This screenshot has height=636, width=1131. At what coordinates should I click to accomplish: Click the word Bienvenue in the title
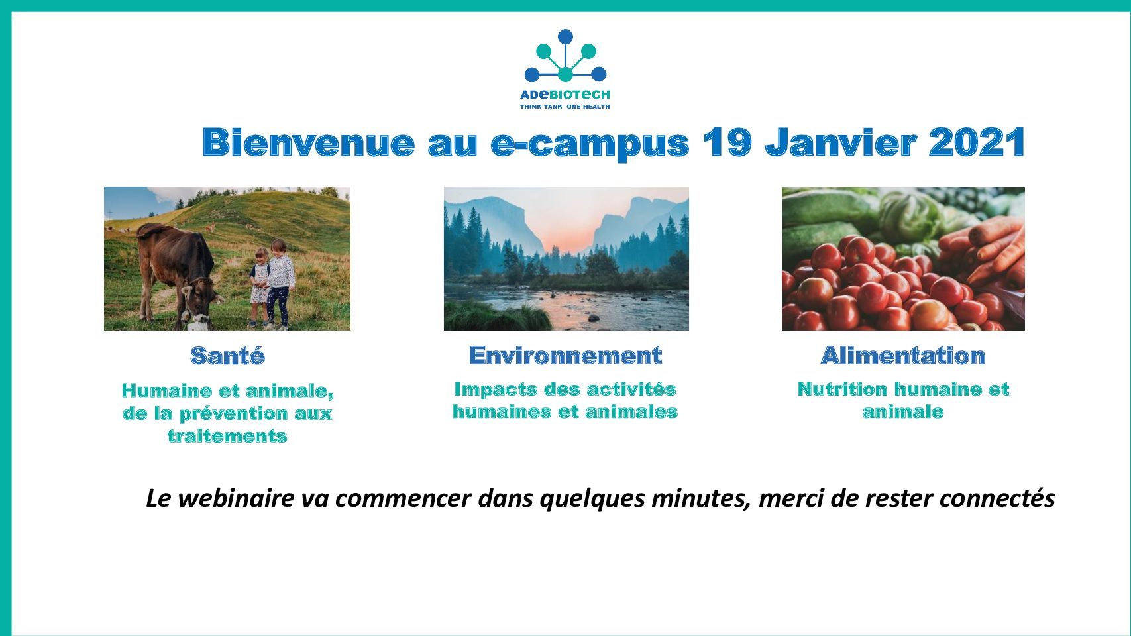coord(309,142)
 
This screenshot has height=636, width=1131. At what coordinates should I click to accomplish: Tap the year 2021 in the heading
coord(977,142)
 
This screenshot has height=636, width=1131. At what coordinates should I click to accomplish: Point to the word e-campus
coord(590,145)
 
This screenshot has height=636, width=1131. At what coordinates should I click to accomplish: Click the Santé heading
coord(228,355)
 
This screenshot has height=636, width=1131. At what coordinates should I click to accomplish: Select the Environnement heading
coord(566,355)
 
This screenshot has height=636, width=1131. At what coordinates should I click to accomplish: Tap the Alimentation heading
coord(903,355)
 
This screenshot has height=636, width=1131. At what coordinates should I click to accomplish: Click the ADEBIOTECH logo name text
coord(565,94)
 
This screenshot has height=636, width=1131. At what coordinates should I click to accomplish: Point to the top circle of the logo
coord(565,37)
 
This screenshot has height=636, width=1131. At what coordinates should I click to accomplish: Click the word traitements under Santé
coord(228,436)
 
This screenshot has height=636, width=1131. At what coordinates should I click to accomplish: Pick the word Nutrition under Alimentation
coord(842,389)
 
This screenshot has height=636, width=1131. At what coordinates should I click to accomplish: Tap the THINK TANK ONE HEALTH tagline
coord(565,107)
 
